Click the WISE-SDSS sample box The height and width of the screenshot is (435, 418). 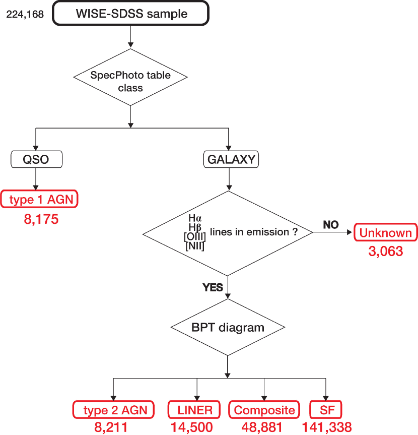130,13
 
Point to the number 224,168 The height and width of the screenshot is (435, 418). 25,15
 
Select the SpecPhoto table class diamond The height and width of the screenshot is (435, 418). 130,77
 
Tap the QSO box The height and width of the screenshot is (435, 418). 36,159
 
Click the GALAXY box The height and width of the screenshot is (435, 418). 231,159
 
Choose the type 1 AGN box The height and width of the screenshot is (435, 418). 39,199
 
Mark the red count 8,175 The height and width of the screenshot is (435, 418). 41,219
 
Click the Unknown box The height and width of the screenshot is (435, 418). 386,232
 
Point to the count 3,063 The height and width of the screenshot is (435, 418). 386,251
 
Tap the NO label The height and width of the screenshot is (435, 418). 331,225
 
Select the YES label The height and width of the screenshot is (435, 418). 213,287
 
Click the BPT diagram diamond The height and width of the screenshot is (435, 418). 228,327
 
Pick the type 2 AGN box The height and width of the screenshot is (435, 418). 113,409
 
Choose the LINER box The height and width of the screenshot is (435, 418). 194,409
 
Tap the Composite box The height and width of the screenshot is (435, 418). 264,409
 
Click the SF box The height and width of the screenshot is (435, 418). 326,409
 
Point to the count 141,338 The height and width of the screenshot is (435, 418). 327,427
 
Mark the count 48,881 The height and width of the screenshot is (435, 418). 262,427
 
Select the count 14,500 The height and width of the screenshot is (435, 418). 191,427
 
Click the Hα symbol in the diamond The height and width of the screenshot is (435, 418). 195,218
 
